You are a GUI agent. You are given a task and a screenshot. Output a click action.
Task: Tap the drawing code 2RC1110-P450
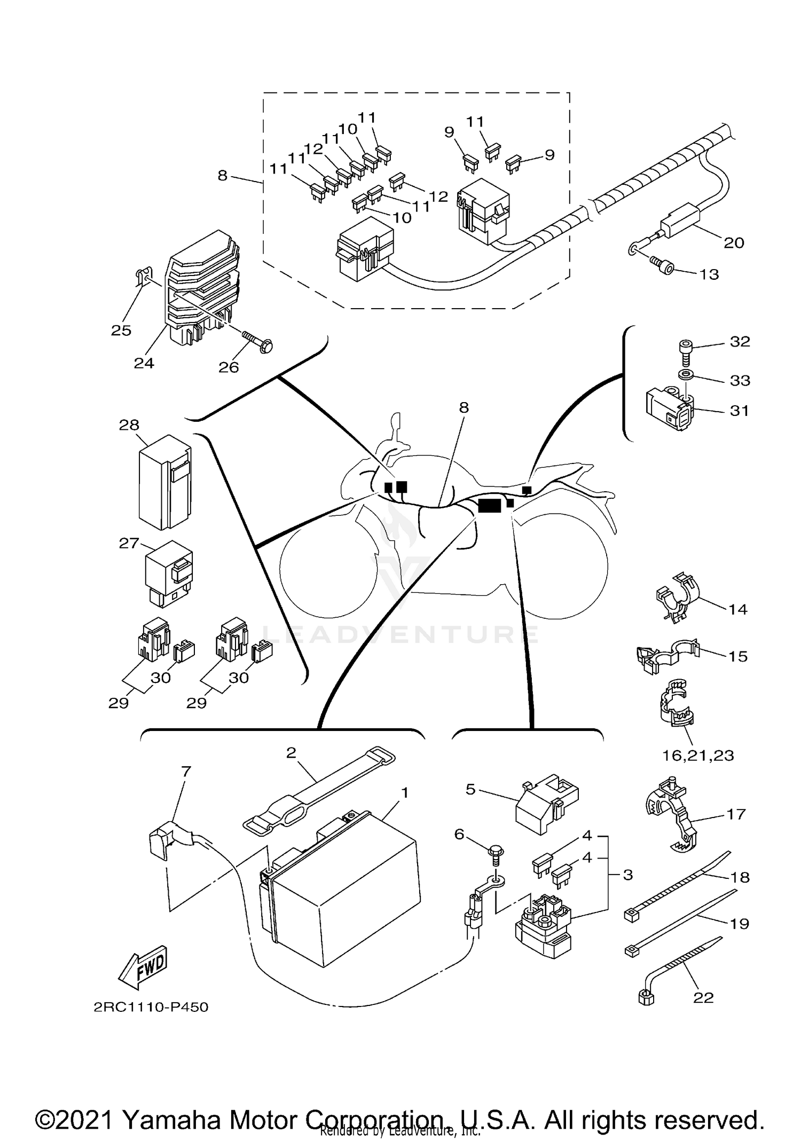click(x=151, y=1007)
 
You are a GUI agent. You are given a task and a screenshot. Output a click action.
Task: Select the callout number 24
click(x=144, y=363)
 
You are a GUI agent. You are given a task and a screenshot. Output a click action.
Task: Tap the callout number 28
click(x=129, y=425)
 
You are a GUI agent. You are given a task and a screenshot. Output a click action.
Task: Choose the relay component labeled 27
click(x=169, y=573)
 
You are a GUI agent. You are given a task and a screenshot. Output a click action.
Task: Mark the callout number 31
click(x=739, y=411)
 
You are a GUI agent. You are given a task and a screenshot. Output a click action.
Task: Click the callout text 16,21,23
click(x=698, y=755)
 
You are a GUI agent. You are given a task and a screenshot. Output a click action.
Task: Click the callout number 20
click(x=734, y=243)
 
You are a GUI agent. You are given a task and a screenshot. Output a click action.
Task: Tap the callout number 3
click(x=628, y=875)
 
